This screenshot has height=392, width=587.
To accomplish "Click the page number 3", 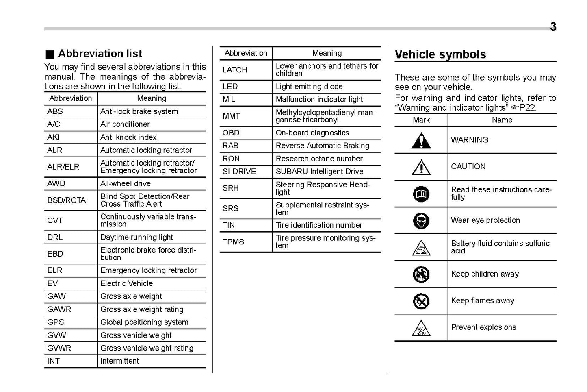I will [553, 27].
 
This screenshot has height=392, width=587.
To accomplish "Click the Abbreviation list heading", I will [100, 54].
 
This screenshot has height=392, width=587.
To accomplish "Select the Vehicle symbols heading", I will [440, 54].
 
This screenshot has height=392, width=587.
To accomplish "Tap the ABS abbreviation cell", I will [55, 111].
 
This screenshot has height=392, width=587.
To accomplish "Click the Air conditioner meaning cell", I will [125, 124].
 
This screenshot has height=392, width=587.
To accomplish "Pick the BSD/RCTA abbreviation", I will [67, 200].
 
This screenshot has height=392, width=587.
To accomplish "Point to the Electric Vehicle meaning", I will [127, 283].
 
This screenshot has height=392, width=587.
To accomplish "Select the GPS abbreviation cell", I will [56, 322].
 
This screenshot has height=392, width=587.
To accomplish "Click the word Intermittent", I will [120, 361].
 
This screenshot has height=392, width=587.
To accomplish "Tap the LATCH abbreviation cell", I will [235, 70].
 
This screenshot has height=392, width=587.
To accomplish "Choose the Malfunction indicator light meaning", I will [319, 100].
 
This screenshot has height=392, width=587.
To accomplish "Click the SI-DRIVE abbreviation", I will [239, 172].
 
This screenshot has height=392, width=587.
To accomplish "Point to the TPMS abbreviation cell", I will [233, 242].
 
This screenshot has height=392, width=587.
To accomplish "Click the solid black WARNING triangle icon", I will [421, 141].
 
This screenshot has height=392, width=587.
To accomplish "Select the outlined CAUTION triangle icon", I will [421, 167].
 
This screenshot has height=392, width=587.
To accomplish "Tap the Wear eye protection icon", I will [421, 221].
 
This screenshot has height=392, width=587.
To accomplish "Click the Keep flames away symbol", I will [421, 301].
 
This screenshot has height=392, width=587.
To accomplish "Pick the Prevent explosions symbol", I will [421, 328].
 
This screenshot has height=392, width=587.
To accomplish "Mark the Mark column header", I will [421, 120].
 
